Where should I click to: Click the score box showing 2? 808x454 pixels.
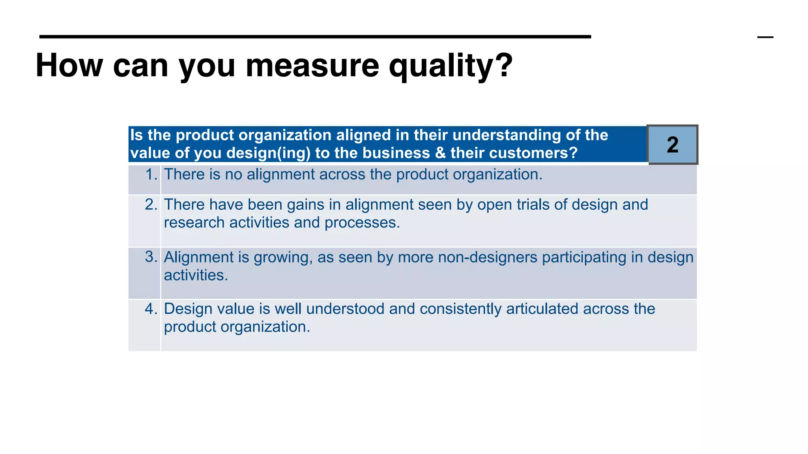point(673,145)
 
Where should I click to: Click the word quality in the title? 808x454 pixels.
point(450,66)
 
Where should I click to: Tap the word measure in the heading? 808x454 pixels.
point(312,65)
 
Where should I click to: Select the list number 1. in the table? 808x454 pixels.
point(151,175)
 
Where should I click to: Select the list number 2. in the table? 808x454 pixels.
point(151,205)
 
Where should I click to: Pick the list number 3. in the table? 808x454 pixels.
point(151,257)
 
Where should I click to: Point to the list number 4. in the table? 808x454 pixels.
point(151,309)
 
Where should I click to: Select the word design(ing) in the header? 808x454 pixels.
point(269,153)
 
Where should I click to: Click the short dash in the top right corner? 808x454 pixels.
point(765,37)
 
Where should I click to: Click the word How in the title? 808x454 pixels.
point(69,65)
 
